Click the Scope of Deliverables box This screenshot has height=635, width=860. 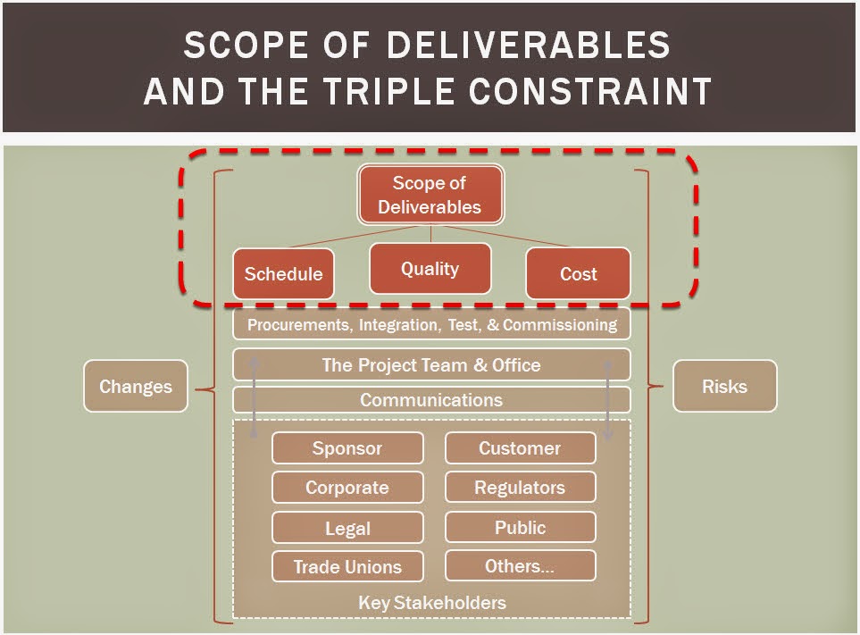430,195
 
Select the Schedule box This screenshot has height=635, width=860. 283,273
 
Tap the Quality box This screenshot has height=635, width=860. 430,268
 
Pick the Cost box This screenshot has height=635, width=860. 578,273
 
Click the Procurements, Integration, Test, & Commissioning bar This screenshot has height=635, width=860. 431,324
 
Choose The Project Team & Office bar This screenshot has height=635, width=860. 431,364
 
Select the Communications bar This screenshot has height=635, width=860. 431,400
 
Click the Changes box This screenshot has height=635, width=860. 136,386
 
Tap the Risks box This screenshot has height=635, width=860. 724,386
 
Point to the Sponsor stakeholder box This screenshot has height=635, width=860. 347,448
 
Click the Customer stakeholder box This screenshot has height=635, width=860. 520,447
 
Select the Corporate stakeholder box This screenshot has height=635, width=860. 347,488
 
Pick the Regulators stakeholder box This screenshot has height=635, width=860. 520,487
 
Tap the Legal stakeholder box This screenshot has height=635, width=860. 347,528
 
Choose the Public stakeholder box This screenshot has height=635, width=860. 520,527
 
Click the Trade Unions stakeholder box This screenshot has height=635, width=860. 347,566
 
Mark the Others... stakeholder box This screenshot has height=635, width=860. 520,565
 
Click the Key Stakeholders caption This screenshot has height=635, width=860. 431,603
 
